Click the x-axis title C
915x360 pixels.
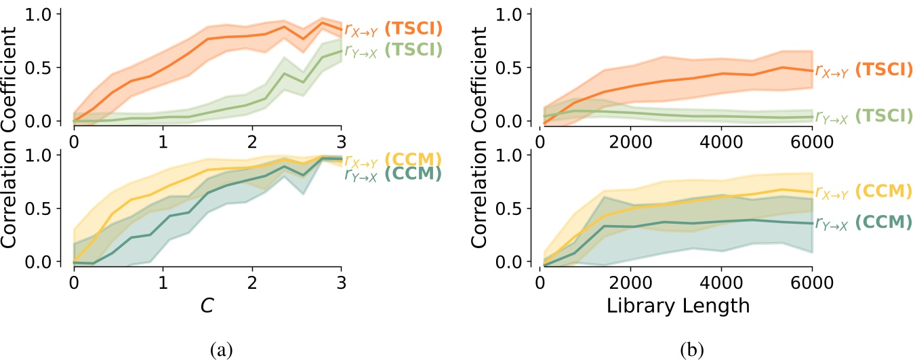207,305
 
